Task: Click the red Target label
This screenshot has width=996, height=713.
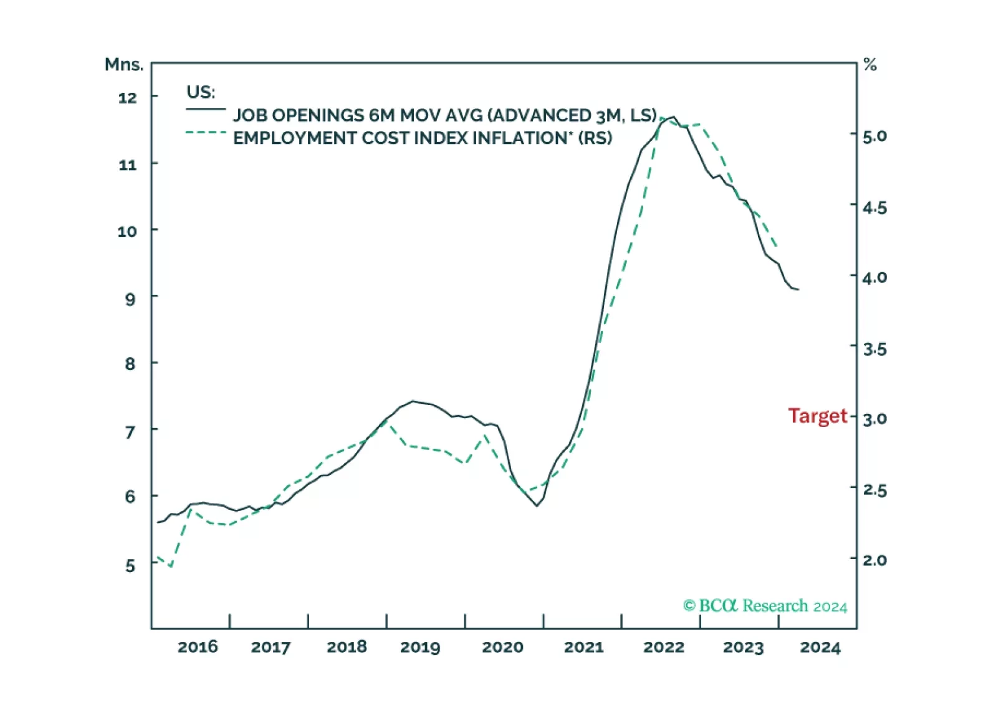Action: [817, 416]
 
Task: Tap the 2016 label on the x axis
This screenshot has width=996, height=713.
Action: [198, 647]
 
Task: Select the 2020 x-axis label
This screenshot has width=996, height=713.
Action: [502, 647]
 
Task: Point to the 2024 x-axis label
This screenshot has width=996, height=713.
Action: [820, 648]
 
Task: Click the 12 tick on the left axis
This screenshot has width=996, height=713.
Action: [127, 97]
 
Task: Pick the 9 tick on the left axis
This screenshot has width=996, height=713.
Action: [130, 299]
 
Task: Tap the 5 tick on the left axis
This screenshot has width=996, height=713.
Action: [130, 566]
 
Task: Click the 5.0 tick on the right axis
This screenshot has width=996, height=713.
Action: [874, 135]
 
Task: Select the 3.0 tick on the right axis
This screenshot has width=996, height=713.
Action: [874, 418]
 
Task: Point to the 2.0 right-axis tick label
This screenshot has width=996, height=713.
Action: [874, 560]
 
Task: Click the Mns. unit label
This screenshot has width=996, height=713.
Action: [123, 64]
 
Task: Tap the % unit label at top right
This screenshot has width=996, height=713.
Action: [869, 64]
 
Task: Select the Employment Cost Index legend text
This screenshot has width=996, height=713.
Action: [423, 138]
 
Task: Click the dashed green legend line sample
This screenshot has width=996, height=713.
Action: [206, 132]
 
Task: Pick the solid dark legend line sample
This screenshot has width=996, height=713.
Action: [206, 110]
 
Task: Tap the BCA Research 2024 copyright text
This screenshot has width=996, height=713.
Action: [765, 606]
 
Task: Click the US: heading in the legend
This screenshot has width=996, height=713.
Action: [201, 92]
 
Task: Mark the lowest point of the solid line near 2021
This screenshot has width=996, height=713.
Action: [537, 505]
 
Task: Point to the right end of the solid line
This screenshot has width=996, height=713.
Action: [798, 289]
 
